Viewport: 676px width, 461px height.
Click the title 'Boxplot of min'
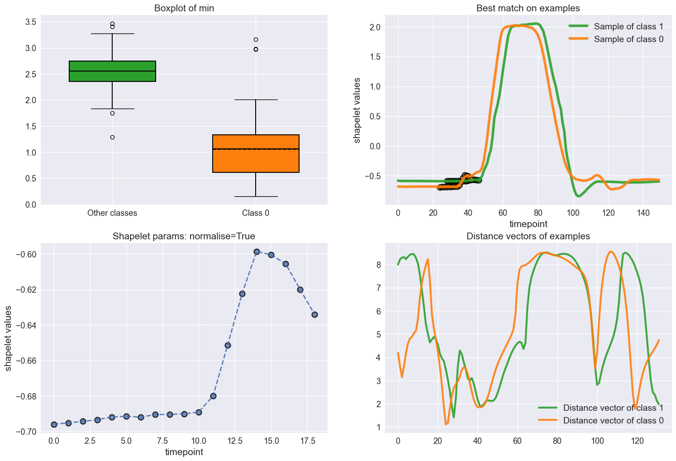[184, 8]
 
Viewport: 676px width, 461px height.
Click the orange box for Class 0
[256, 154]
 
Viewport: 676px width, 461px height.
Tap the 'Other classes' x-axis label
[112, 213]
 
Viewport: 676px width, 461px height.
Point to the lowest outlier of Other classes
[112, 137]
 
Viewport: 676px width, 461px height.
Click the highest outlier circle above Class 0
[256, 39]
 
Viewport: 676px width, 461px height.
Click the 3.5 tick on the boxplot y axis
[30, 22]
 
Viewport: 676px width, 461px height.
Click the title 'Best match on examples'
[528, 8]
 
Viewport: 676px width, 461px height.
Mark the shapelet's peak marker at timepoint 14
[257, 252]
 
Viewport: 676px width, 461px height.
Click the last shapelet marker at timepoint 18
[314, 314]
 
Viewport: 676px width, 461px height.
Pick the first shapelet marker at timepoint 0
[54, 424]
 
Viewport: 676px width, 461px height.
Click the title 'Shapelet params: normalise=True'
[184, 236]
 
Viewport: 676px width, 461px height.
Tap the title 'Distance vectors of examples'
[528, 236]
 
